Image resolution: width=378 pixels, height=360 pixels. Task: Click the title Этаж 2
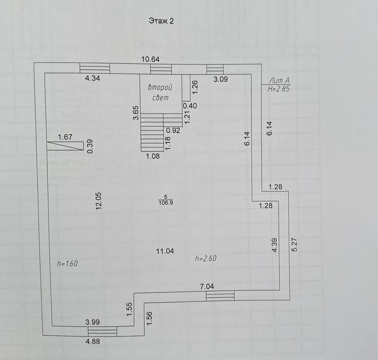tap(161, 21)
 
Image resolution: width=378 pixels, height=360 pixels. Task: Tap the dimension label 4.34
tap(92, 78)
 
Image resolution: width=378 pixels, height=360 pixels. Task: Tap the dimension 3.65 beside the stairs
tap(136, 112)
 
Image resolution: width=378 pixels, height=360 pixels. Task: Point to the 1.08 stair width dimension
tap(153, 156)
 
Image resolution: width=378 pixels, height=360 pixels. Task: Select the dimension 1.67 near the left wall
tap(65, 137)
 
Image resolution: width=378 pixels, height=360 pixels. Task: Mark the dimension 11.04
tap(165, 251)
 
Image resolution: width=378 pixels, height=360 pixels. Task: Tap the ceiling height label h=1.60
tap(67, 263)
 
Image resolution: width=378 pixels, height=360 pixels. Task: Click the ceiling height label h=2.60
tap(206, 259)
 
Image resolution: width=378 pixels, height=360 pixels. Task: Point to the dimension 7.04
tap(207, 286)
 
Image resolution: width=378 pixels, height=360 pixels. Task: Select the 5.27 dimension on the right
tap(294, 245)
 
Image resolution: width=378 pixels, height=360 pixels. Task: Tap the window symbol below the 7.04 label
tap(220, 295)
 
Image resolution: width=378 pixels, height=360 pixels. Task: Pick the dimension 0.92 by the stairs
tap(172, 130)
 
